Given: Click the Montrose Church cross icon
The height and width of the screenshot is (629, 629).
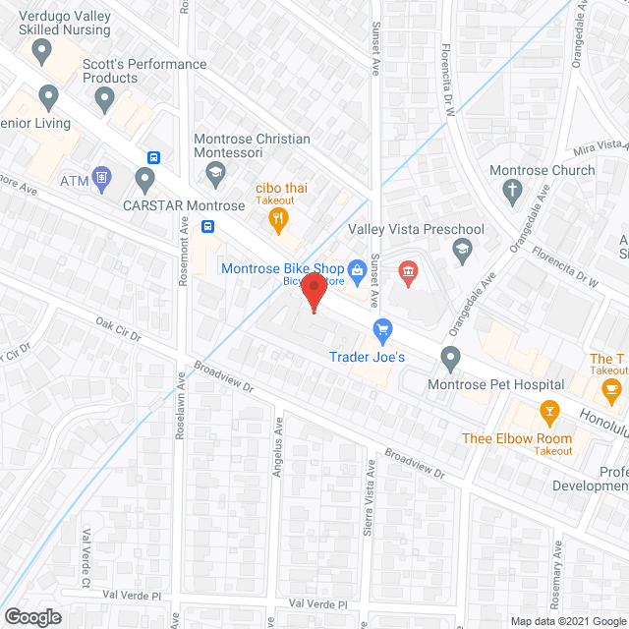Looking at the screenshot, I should [x=511, y=191].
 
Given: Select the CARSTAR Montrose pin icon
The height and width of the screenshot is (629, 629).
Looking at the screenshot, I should [x=145, y=180].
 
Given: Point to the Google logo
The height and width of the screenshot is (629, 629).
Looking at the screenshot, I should [x=32, y=616].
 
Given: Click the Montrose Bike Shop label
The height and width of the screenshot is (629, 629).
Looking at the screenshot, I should [x=282, y=268].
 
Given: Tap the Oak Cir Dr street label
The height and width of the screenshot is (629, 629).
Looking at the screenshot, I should [x=119, y=329].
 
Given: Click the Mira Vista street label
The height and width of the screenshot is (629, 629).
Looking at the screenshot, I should [x=600, y=148].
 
